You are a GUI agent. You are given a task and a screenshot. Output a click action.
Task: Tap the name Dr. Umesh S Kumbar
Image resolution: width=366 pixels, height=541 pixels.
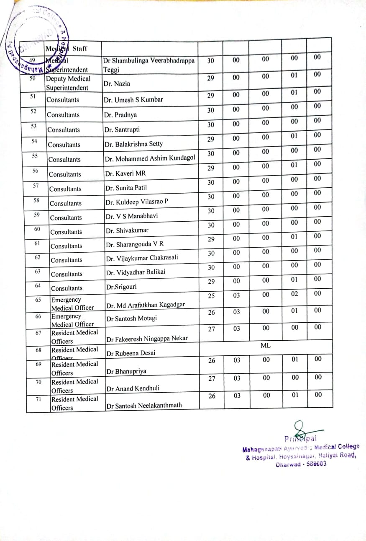click(x=133, y=100)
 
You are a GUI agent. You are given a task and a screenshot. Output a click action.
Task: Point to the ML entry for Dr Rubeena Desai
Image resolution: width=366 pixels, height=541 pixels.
click(x=265, y=345)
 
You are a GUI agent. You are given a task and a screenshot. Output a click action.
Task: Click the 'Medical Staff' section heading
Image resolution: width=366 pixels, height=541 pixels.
click(x=67, y=48)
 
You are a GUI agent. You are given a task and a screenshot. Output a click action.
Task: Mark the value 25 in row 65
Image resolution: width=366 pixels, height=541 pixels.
click(x=211, y=296)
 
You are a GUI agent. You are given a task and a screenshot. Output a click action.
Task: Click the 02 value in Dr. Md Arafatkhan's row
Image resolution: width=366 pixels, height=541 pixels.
click(x=294, y=294)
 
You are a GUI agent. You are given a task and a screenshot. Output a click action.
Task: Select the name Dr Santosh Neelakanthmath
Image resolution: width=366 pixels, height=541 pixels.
click(x=144, y=405)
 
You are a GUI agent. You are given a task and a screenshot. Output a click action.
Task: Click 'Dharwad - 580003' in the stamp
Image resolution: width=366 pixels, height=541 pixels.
click(x=301, y=464)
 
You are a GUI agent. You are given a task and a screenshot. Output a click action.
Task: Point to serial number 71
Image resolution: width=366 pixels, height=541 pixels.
click(x=38, y=399)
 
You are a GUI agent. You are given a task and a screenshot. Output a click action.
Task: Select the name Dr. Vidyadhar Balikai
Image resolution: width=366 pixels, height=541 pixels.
click(x=135, y=272)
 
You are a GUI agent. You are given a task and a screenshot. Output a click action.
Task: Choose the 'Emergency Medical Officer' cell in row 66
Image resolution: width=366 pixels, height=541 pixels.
click(x=72, y=320)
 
